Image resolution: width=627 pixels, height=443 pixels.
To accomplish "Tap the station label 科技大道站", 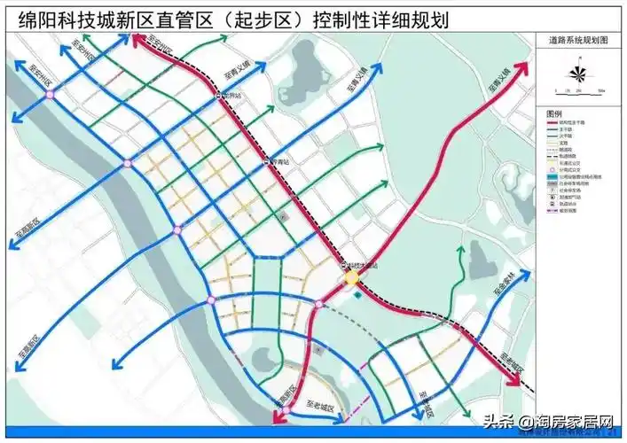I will click(x=364, y=265).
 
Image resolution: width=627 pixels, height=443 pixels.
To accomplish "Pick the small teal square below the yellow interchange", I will click(x=358, y=299).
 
